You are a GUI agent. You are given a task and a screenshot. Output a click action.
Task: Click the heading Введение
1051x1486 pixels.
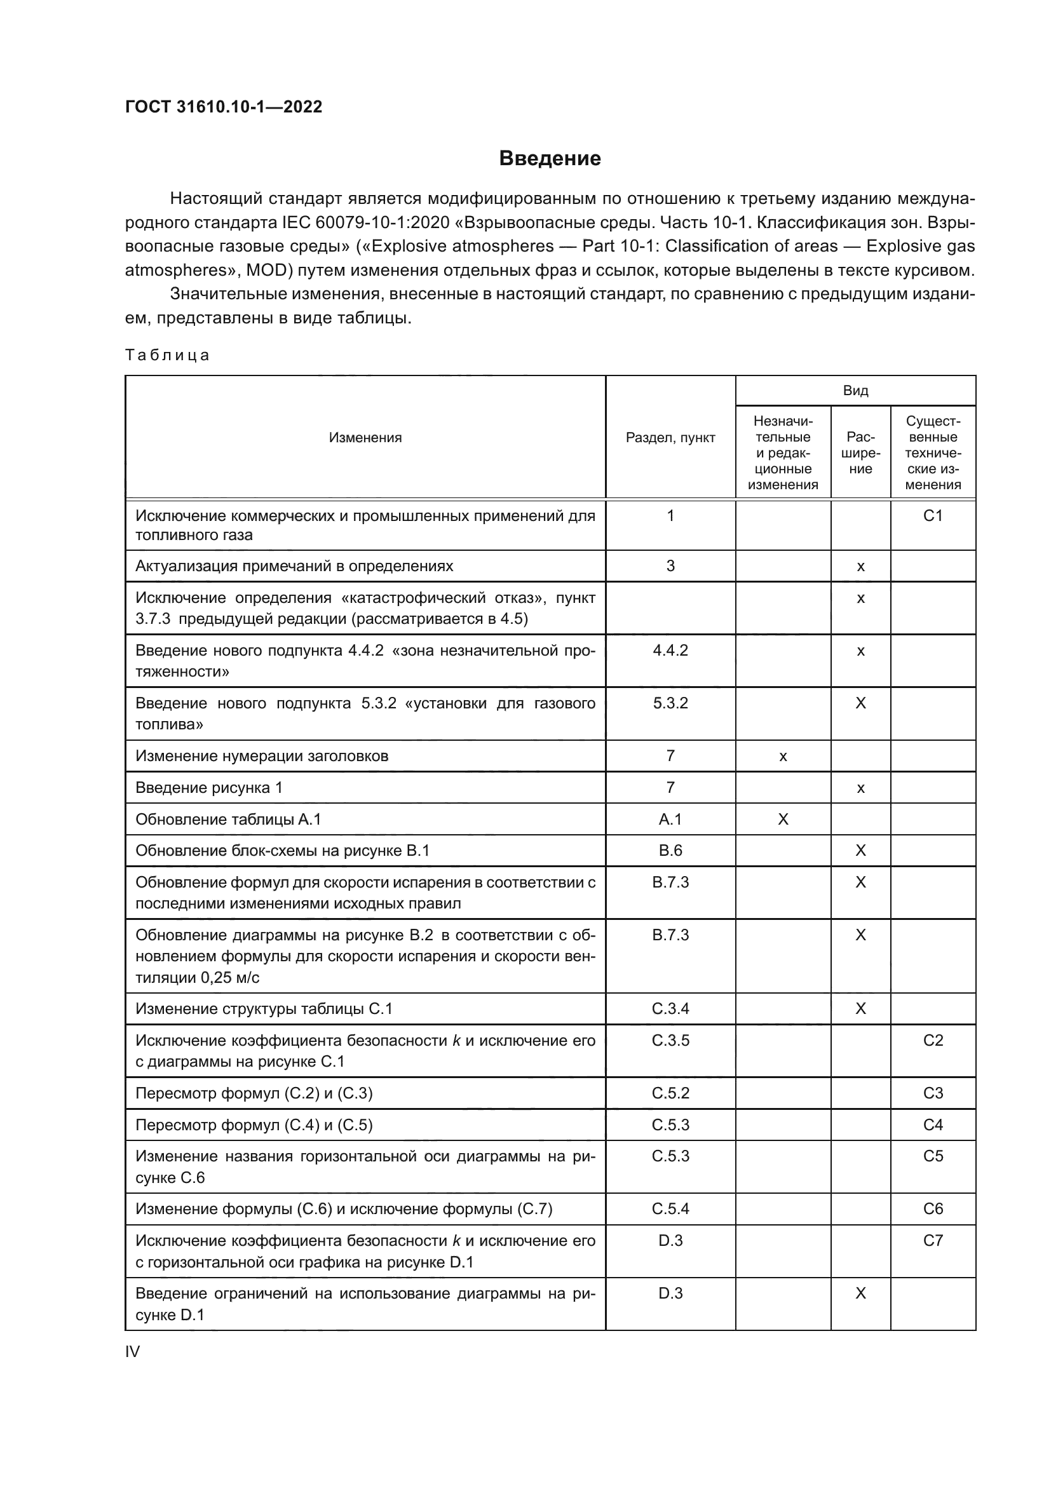point(550,159)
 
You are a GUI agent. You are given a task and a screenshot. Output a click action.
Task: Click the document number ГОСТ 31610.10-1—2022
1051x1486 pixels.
point(223,107)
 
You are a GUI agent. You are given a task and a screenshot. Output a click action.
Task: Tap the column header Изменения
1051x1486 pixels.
point(365,438)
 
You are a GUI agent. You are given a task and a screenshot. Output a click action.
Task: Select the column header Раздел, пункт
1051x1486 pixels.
point(670,438)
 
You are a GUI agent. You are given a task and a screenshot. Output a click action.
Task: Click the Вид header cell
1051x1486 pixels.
point(855,390)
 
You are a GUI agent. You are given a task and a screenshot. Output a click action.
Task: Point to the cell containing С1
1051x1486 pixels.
point(933,516)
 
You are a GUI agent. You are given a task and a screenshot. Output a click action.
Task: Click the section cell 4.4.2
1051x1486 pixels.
point(670,651)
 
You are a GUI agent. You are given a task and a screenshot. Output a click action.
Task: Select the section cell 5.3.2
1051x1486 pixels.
point(670,703)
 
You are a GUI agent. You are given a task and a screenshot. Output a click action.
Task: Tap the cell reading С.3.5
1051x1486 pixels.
point(670,1040)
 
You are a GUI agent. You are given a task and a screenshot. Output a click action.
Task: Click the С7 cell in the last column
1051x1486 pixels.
point(933,1240)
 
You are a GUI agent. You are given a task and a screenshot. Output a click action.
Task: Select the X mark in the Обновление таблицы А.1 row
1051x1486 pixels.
point(782,820)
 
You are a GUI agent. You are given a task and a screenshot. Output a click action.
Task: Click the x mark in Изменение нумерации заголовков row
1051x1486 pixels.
point(782,756)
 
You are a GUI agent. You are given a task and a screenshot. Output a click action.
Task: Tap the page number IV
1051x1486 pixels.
point(133,1351)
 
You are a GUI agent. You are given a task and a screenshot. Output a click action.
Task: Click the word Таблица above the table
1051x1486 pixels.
point(167,355)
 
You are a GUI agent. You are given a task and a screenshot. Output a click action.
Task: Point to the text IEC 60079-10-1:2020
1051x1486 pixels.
point(365,222)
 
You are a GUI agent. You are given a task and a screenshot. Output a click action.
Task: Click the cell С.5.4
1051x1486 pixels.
point(670,1208)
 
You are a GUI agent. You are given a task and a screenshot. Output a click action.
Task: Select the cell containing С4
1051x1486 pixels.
point(933,1125)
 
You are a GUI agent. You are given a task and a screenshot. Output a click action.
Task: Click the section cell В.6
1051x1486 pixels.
point(670,851)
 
